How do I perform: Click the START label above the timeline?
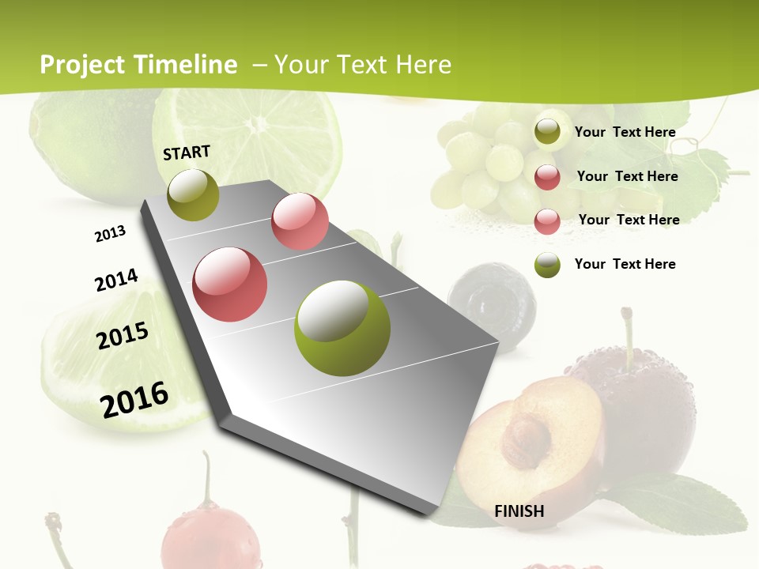[x=187, y=153]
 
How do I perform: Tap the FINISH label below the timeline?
[x=519, y=511]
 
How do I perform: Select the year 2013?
[x=110, y=234]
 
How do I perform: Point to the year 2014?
[x=116, y=281]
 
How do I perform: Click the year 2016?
[x=134, y=399]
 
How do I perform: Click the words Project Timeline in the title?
[x=138, y=65]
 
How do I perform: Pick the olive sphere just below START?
[x=194, y=194]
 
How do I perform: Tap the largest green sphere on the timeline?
[x=342, y=327]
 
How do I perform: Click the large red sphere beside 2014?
[x=230, y=284]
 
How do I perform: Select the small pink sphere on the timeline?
[x=300, y=221]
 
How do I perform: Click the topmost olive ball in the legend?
[x=547, y=132]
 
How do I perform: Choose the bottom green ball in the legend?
[x=547, y=264]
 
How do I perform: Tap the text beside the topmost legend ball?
[x=625, y=132]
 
